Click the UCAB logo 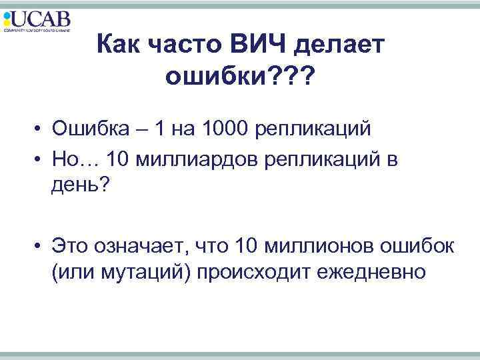tap(37, 21)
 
